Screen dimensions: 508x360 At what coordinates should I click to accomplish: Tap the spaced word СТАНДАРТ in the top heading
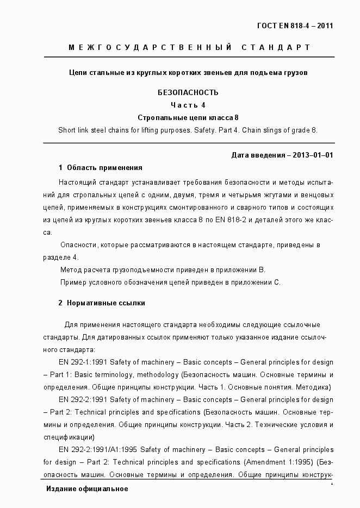(x=272, y=48)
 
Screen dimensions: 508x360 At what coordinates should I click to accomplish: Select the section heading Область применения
(x=104, y=168)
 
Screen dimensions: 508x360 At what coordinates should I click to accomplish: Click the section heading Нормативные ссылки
(x=106, y=303)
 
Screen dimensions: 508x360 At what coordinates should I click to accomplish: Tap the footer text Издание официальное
(x=87, y=489)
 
